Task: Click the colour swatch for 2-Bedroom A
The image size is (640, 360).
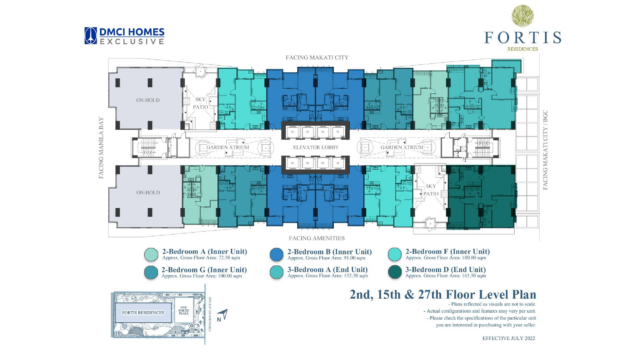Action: click(x=150, y=253)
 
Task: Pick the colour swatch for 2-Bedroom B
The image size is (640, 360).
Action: click(x=275, y=253)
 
